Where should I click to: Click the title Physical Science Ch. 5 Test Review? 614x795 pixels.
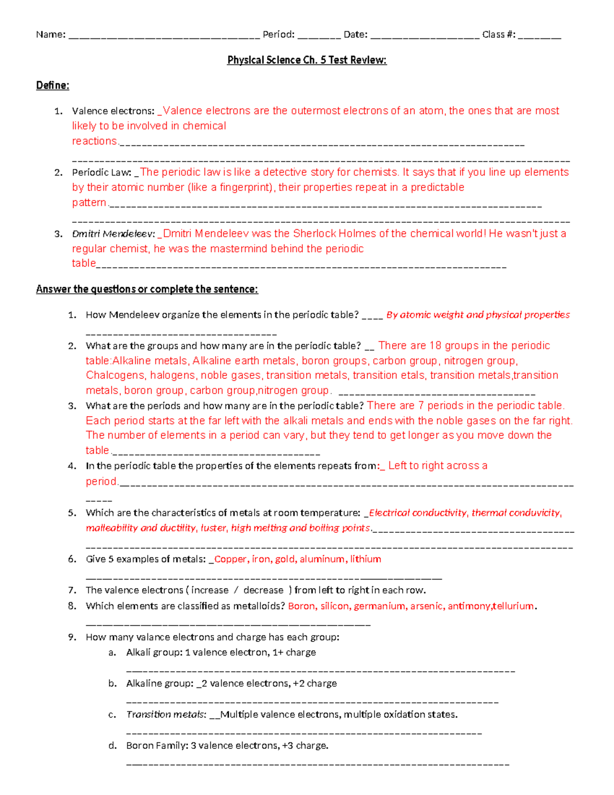tap(306, 60)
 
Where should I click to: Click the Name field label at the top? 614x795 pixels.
tap(50, 35)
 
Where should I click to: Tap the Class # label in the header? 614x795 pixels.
tap(498, 35)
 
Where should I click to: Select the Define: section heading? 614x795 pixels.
tap(52, 85)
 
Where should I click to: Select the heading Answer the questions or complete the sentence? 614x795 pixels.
tap(147, 289)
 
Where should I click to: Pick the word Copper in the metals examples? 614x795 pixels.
tap(230, 559)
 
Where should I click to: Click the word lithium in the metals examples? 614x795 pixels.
tap(365, 559)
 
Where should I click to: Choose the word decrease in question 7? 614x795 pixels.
tap(263, 590)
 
